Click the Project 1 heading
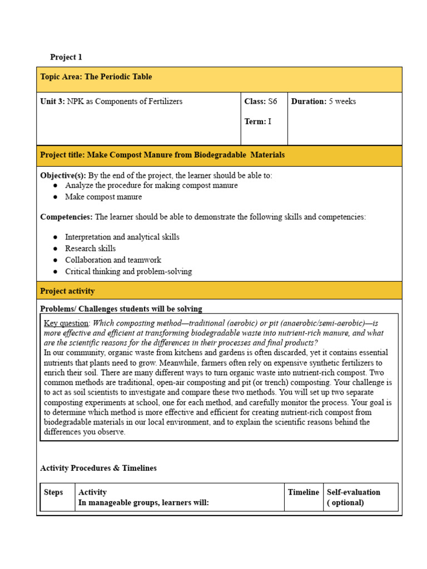66,57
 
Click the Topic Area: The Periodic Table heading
96,77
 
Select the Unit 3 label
53,102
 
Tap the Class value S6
272,102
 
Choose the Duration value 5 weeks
342,102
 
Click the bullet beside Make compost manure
56,197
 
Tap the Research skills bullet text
90,248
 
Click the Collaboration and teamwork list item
113,260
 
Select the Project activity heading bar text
67,291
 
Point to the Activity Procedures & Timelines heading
98,468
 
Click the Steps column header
53,492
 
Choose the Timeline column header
304,492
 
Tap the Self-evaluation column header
354,492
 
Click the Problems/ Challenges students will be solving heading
121,309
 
